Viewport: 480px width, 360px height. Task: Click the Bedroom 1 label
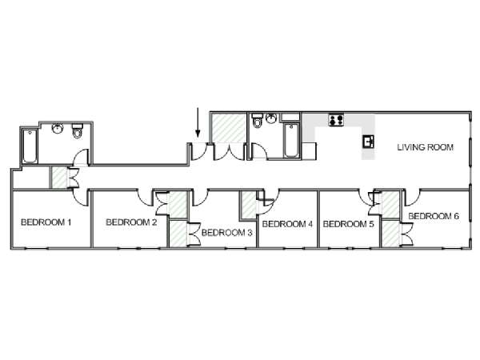46,222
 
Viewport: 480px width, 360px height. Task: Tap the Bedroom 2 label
131,222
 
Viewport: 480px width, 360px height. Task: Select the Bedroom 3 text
227,233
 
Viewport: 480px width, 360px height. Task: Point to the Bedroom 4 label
287,224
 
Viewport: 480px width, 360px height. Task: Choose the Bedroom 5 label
348,224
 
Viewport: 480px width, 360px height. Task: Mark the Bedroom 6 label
434,216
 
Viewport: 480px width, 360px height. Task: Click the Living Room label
426,147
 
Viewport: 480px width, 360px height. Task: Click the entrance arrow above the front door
198,122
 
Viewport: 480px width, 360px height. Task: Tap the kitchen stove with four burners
336,120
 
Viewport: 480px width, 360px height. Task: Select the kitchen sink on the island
369,142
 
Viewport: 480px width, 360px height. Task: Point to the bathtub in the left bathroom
30,146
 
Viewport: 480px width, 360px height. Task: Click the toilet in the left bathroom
78,130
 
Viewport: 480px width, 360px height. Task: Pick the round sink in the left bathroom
58,129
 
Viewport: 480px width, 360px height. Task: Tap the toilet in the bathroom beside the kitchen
258,120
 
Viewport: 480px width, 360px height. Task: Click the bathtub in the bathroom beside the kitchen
291,141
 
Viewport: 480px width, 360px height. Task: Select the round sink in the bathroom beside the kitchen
271,118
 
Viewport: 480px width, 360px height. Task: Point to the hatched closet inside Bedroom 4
249,205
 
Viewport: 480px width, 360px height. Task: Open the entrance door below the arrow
199,151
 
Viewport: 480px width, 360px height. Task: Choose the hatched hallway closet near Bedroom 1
59,178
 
